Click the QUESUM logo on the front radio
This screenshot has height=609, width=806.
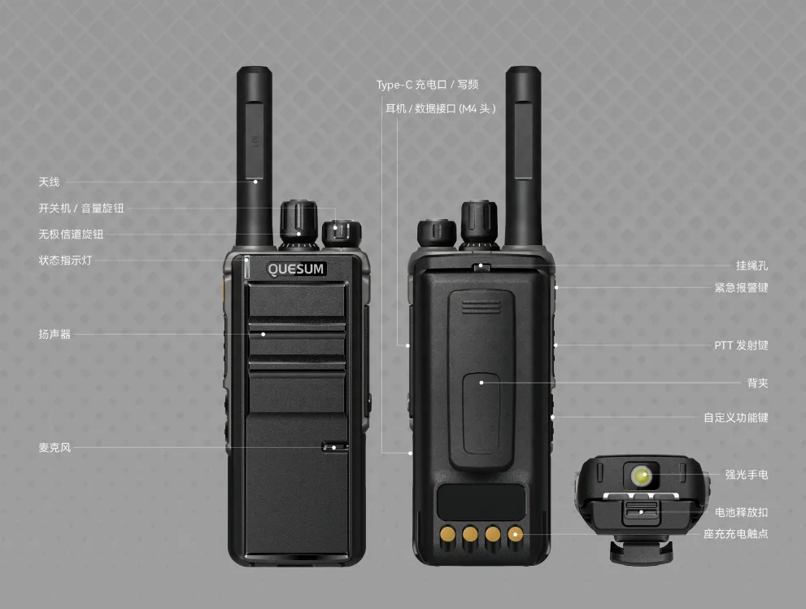coord(296,269)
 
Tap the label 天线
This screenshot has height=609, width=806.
coord(50,182)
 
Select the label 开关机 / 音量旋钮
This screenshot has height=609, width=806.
coord(81,208)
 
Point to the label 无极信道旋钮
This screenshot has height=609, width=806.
coord(71,234)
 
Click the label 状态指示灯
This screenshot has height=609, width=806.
coord(65,261)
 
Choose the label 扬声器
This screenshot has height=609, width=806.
coord(54,335)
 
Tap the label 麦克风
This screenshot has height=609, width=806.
coord(54,448)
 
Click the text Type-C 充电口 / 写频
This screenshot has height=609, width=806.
coord(427,85)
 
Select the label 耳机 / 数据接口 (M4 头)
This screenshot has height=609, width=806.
coord(441,108)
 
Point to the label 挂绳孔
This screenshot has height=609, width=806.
coord(752,266)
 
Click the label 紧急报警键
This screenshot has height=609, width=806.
coord(741,288)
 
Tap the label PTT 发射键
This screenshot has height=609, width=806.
coord(741,346)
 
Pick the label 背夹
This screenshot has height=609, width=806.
coord(758,383)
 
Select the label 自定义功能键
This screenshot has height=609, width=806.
coord(736,418)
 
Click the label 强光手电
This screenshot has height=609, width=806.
coord(747,475)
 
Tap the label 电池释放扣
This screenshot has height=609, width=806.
coord(741,512)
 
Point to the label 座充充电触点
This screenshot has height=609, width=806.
coord(736,534)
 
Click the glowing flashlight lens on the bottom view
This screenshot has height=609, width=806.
coord(641,475)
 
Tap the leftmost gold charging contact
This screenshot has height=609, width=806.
coord(447,534)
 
